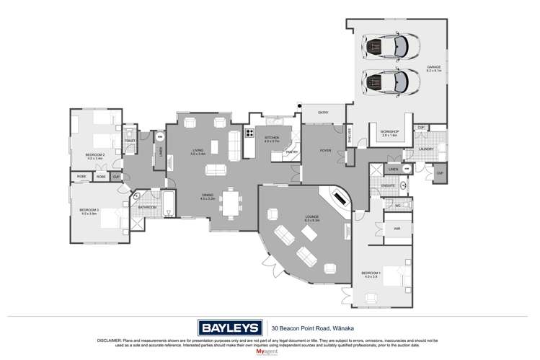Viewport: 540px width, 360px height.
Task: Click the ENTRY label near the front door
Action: [323, 112]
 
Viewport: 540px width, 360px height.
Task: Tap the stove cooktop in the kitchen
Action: [249, 132]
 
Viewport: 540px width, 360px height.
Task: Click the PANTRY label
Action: [292, 152]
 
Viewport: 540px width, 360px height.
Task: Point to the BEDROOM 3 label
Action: [89, 211]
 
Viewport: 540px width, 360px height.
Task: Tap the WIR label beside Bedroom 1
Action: [397, 229]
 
